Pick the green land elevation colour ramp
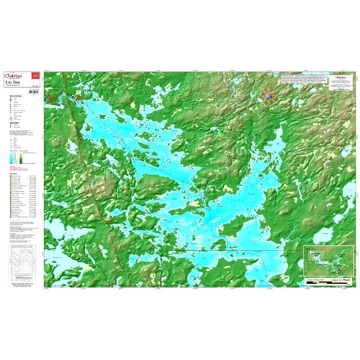tap(22, 158)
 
